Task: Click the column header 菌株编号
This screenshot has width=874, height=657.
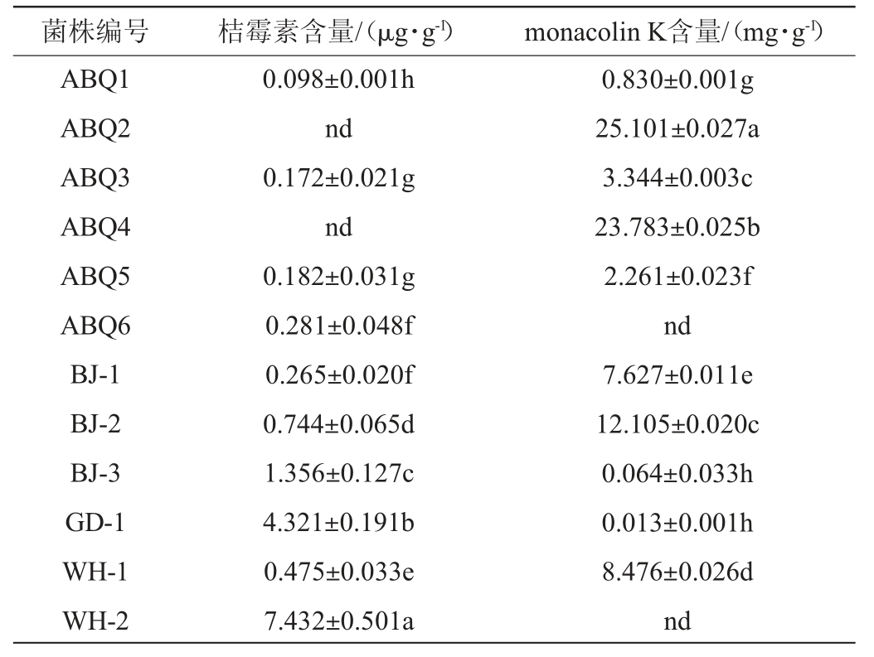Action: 95,32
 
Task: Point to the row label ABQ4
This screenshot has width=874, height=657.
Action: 95,227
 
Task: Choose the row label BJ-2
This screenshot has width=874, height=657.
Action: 95,424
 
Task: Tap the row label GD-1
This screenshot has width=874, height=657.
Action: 95,523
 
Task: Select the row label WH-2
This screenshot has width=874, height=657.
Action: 95,621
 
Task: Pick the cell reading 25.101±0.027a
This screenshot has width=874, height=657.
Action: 677,129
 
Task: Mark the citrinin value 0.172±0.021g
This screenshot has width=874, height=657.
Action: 339,178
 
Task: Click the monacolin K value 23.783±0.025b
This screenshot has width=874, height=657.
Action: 677,227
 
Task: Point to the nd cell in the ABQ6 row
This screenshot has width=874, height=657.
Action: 677,326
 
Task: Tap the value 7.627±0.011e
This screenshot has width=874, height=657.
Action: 677,375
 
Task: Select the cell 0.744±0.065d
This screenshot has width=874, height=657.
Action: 339,424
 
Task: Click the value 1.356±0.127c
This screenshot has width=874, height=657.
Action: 339,474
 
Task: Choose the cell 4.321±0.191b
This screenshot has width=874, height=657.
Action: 339,523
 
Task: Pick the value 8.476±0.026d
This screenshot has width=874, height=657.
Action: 677,572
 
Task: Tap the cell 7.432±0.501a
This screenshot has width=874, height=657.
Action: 339,621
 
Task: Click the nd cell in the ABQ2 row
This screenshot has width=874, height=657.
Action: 339,129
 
